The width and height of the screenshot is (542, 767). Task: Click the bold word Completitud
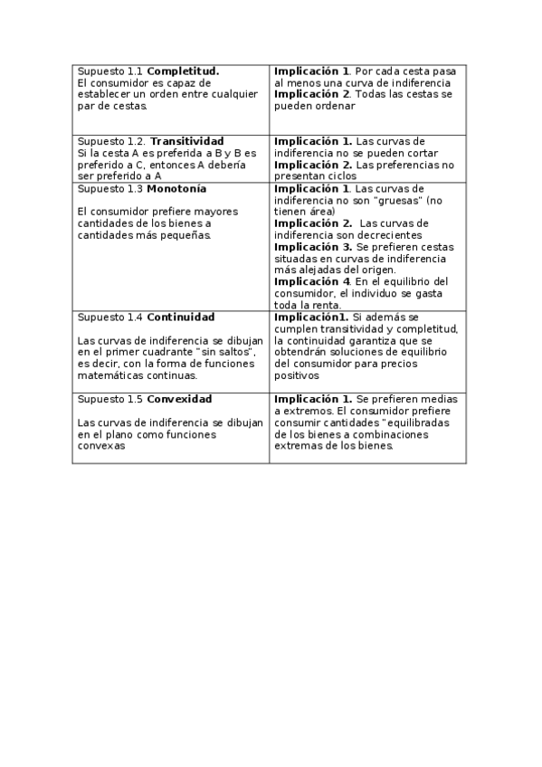(x=183, y=71)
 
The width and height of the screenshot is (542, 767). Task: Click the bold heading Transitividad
(x=186, y=141)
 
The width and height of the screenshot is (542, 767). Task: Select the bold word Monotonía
(x=176, y=188)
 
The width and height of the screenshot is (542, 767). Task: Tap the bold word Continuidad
(x=180, y=317)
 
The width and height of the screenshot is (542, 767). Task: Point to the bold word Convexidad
(x=179, y=399)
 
